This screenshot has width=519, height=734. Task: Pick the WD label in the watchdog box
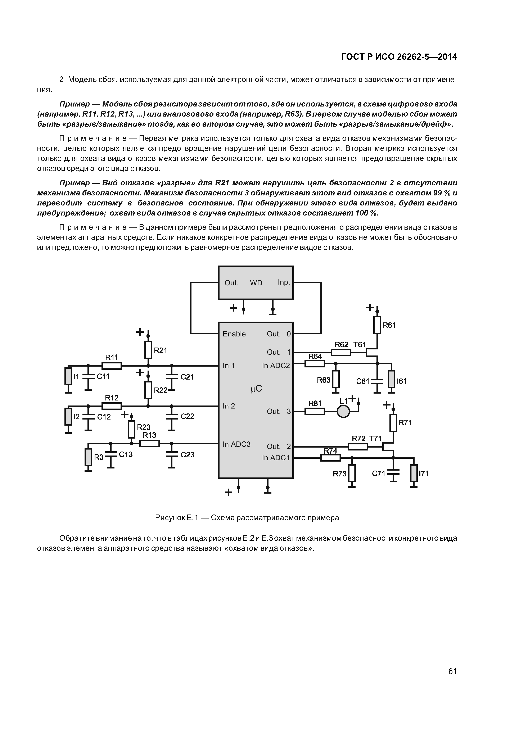256,283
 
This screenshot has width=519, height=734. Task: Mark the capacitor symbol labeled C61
377,381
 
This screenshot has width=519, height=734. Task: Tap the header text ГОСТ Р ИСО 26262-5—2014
399,57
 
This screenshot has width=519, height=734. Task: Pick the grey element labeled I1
68,376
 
